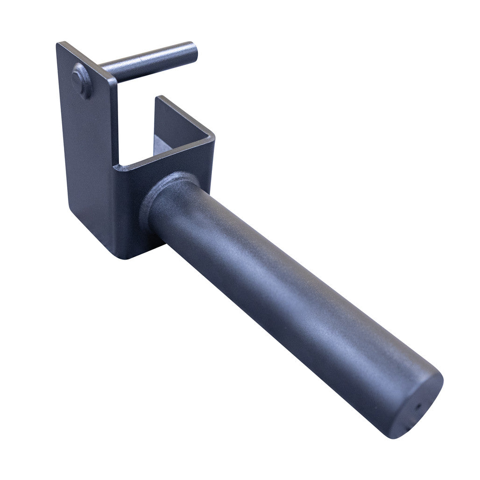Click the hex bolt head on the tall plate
click(81, 81)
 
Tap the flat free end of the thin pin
click(192, 52)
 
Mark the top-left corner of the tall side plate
click(58, 44)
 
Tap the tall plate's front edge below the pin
click(115, 121)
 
